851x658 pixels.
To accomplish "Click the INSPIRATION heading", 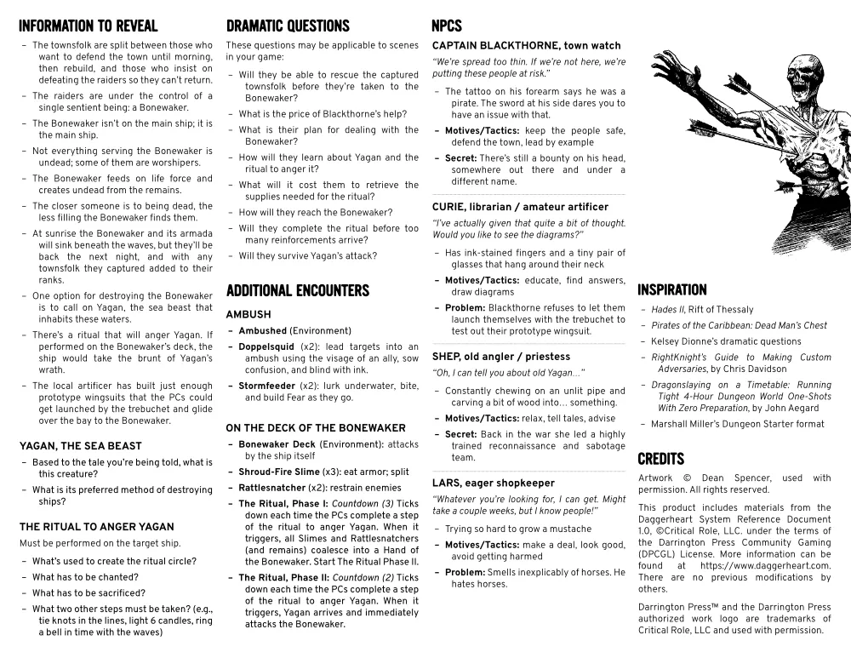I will pos(671,289).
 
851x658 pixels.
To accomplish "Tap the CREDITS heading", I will pos(660,459).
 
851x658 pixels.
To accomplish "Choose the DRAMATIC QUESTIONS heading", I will pos(288,26).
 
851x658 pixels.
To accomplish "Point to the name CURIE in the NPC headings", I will pos(449,207).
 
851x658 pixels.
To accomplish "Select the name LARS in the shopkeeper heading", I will pos(447,483).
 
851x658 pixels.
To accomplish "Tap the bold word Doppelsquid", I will pos(266,346).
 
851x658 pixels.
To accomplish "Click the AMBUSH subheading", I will pos(248,314).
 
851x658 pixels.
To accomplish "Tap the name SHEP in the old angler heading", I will pos(447,357).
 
